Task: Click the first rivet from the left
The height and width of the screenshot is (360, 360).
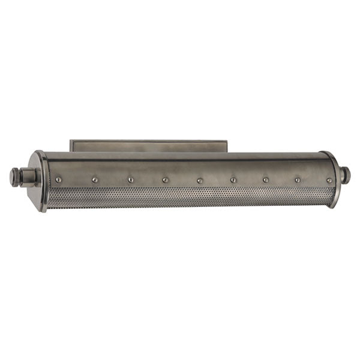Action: click(58, 179)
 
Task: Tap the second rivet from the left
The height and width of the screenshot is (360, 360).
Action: click(94, 179)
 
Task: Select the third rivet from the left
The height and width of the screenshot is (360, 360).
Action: click(130, 179)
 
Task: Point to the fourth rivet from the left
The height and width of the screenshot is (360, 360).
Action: click(164, 179)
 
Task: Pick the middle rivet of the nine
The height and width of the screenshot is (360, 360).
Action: click(199, 179)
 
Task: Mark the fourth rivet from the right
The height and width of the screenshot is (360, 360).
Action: click(233, 179)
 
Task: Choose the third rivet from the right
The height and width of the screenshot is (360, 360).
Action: click(266, 179)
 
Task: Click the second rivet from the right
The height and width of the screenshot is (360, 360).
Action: click(297, 179)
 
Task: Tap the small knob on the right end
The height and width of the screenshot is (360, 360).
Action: click(346, 175)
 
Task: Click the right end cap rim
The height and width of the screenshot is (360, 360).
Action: click(334, 178)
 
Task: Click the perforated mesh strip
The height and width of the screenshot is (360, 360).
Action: click(186, 197)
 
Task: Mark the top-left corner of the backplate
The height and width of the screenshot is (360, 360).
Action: click(71, 142)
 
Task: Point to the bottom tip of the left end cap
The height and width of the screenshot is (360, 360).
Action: click(43, 210)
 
